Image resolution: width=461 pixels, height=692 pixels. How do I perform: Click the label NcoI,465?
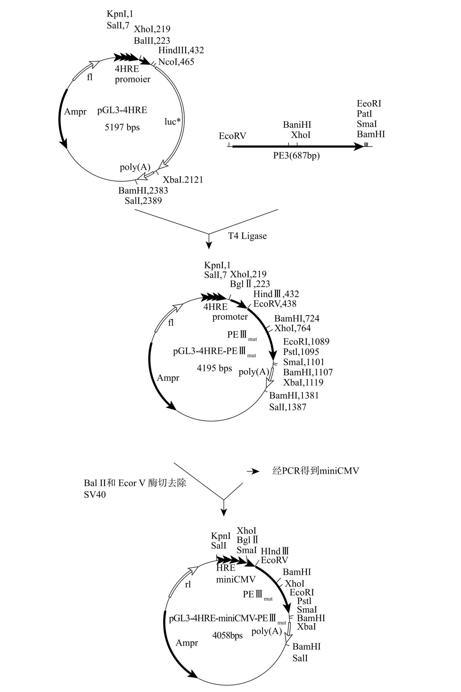(x=176, y=62)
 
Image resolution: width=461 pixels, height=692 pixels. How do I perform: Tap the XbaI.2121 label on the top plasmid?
(x=183, y=180)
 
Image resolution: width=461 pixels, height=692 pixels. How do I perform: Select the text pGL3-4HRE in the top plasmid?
(x=122, y=110)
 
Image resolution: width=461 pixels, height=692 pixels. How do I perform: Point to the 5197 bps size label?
(x=122, y=127)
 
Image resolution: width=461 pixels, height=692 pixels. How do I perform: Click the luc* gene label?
(x=173, y=121)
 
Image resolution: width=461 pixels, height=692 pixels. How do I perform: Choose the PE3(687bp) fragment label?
(x=297, y=156)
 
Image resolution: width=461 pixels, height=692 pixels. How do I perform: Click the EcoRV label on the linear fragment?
(x=232, y=136)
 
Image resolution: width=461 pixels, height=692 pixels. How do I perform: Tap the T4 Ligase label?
(x=247, y=236)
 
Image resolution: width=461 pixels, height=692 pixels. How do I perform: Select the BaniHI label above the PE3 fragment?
(x=297, y=125)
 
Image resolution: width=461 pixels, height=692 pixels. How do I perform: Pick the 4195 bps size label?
(x=214, y=368)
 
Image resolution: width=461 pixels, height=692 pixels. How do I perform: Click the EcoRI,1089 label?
(x=306, y=342)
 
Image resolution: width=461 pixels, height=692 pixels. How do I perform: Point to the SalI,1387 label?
(x=288, y=407)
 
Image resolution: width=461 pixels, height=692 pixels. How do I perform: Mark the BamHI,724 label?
(x=297, y=319)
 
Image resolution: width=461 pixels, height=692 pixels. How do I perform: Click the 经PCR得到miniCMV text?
(x=315, y=471)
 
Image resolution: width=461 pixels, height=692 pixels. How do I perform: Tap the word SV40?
(x=95, y=495)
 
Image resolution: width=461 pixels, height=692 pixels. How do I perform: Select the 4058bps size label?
(x=227, y=635)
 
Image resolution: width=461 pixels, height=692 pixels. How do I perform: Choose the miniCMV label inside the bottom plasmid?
(x=236, y=579)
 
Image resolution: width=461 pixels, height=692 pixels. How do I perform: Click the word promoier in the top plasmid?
(x=133, y=79)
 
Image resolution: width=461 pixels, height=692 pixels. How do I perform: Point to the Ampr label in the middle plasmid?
(x=168, y=378)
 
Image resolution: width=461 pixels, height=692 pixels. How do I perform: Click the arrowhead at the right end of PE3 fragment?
(x=360, y=147)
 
